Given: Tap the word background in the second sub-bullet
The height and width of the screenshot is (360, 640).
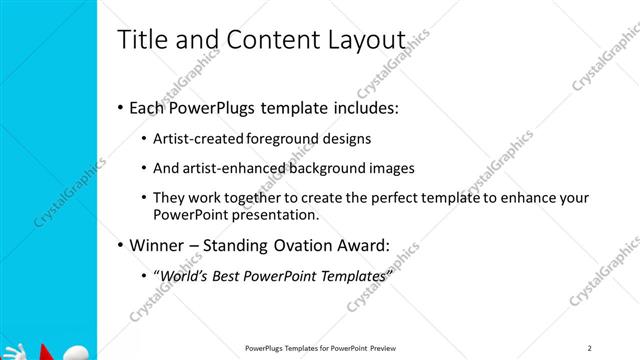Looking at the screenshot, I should click(x=333, y=168).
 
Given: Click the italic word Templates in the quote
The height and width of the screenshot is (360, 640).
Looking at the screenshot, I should click(x=351, y=275).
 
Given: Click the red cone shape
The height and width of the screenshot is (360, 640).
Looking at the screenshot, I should click(x=43, y=351).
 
